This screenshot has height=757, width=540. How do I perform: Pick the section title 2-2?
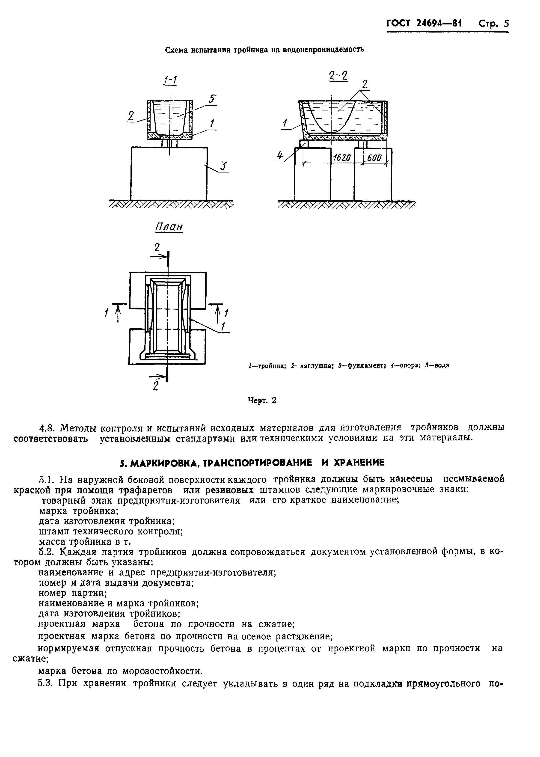338,76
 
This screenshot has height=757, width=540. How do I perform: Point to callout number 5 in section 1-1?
212,99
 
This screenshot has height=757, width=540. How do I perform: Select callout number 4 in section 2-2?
280,156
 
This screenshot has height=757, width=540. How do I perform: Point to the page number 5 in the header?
506,24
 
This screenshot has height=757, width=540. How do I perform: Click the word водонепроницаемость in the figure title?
323,50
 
